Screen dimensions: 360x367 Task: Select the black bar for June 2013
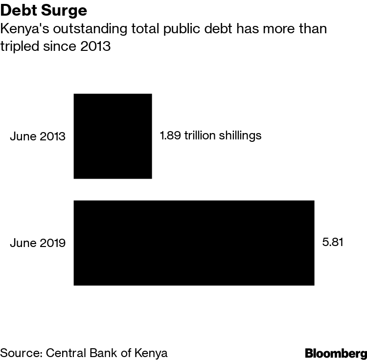coord(113,136)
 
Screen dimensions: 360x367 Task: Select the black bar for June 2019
coord(194,243)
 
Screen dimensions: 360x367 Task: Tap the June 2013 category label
coord(38,136)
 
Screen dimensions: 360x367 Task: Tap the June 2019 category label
coord(38,243)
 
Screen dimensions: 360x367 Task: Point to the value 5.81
coord(332,242)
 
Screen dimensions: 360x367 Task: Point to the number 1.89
coord(170,135)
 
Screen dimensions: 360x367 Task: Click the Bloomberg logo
coord(336,353)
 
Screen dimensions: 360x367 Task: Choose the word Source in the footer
coord(20,353)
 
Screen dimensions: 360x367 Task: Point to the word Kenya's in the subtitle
coord(23,29)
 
